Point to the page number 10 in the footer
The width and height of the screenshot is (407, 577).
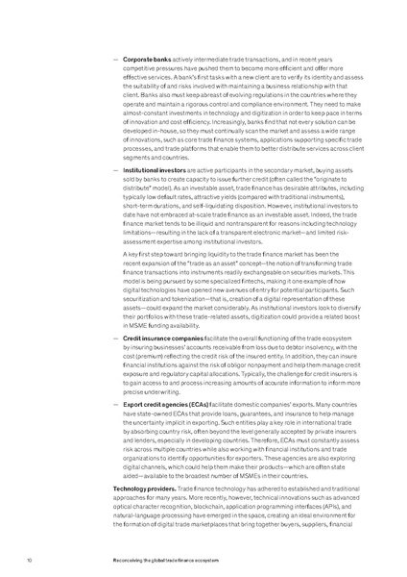coord(30,558)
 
